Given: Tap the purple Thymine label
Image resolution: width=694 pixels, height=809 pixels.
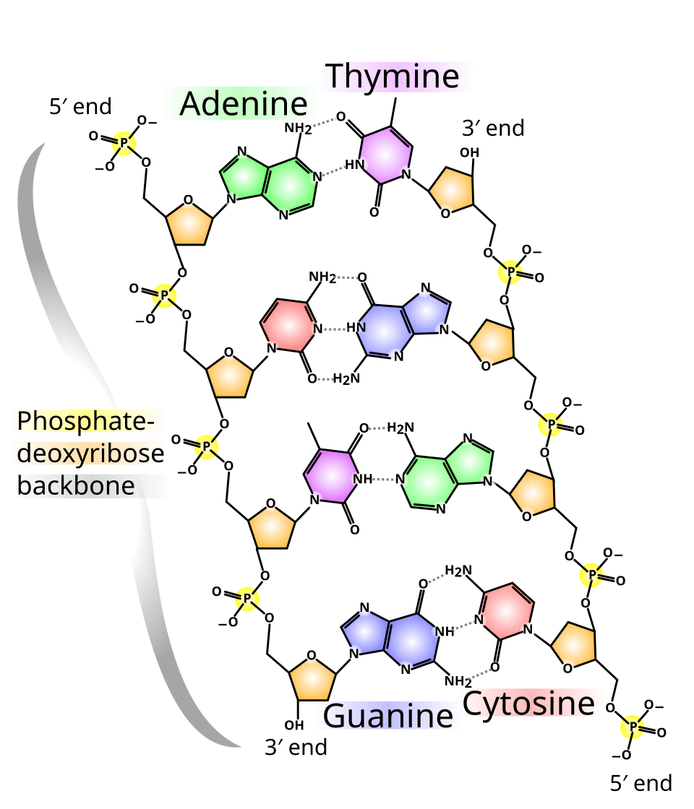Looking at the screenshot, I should pyautogui.click(x=395, y=76).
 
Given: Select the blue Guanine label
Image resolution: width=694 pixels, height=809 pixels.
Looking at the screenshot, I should pyautogui.click(x=388, y=716).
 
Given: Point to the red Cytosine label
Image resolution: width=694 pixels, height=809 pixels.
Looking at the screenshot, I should pyautogui.click(x=531, y=702).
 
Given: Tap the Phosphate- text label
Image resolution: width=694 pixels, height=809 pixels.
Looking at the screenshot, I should pyautogui.click(x=87, y=421).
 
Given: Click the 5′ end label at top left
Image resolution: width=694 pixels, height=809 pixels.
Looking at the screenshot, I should pyautogui.click(x=80, y=107).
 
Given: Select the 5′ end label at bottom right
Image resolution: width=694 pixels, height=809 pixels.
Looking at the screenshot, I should pyautogui.click(x=641, y=782).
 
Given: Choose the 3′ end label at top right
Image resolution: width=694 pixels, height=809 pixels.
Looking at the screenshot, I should pyautogui.click(x=492, y=129).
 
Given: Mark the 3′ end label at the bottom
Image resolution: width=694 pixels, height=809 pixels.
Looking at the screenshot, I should pyautogui.click(x=296, y=747).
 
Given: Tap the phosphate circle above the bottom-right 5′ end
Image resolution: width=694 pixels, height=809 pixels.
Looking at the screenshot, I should pyautogui.click(x=634, y=727).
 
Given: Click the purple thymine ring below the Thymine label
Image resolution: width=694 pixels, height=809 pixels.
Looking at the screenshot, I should pyautogui.click(x=385, y=154).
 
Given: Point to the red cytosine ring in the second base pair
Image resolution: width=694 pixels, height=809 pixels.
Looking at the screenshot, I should pyautogui.click(x=288, y=326).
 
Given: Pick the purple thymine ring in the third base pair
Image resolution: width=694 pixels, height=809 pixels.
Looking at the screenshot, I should pyautogui.click(x=331, y=476).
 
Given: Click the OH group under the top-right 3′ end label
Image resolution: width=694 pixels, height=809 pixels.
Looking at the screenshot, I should pyautogui.click(x=470, y=153).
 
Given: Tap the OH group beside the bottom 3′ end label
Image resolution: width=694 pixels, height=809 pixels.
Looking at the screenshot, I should pyautogui.click(x=294, y=724).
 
